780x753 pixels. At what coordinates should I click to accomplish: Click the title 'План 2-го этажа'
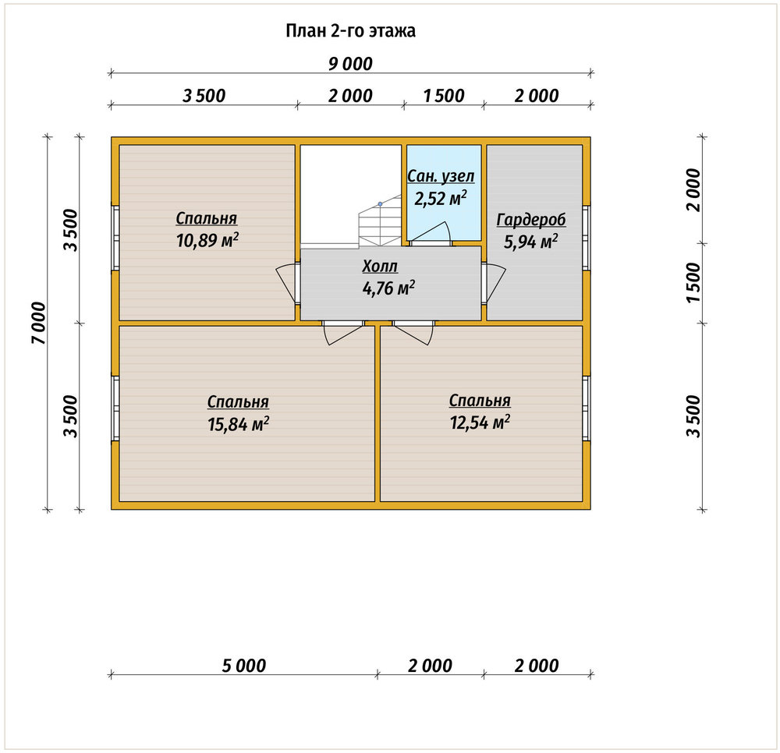pos(350,31)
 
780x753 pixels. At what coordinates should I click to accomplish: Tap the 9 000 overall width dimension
pos(350,64)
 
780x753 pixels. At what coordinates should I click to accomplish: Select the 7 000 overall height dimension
pos(38,323)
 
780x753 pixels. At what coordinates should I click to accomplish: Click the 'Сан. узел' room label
pos(441,176)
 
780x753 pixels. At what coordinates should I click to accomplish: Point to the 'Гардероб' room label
pos(531,220)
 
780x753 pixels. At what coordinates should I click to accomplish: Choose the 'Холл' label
pos(380,267)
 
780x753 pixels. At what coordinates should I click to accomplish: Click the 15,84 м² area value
pos(238,424)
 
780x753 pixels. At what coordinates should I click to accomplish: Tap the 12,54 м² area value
pos(480,422)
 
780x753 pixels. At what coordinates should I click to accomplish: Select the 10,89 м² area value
pos(207,241)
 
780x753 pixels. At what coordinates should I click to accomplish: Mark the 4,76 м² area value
pos(388,288)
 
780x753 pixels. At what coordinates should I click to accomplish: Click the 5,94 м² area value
pos(530,242)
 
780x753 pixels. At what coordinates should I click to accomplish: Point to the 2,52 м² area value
pos(441,198)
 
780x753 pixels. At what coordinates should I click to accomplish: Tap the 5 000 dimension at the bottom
pos(243,665)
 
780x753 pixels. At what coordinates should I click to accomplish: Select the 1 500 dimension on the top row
pos(444,95)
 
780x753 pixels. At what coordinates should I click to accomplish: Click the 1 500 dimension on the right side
pos(693,282)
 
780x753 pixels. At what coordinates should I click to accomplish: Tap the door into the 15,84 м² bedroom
pos(343,333)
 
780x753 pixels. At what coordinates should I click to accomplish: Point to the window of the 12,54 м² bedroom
pos(586,408)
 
